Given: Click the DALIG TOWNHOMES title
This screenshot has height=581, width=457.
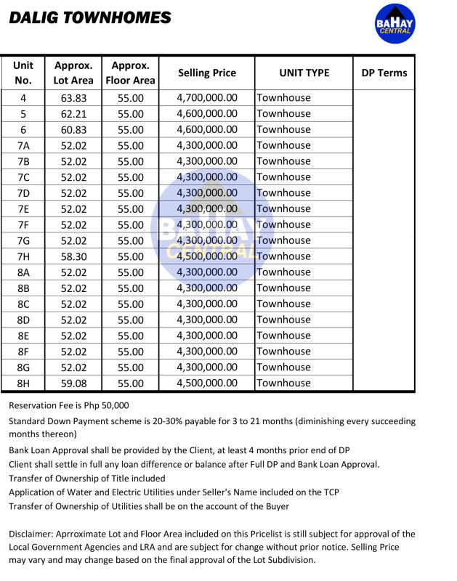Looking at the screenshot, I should (x=90, y=18).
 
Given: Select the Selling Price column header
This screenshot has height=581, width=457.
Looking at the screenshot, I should (x=207, y=73).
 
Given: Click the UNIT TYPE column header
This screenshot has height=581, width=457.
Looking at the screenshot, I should (x=304, y=73).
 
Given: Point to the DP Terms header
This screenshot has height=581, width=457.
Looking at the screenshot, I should (x=384, y=73).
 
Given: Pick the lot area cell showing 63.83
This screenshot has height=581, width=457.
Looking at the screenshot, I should (x=73, y=98).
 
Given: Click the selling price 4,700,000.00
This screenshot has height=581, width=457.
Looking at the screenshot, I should (x=207, y=98).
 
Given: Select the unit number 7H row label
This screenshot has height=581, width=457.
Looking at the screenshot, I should (x=23, y=256).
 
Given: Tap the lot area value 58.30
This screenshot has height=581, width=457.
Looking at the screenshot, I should (x=73, y=256).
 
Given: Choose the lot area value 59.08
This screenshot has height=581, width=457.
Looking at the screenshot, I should (x=73, y=383).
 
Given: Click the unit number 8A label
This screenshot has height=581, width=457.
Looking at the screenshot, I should (x=23, y=272).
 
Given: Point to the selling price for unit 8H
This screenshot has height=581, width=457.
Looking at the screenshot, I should (x=207, y=383).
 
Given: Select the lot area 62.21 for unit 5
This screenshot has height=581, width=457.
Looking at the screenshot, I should (x=73, y=114).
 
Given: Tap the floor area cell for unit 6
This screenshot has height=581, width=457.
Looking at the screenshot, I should (x=131, y=130).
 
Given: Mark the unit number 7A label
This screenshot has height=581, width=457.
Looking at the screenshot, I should (x=23, y=145).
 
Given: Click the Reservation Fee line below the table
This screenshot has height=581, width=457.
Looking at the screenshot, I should (x=69, y=405).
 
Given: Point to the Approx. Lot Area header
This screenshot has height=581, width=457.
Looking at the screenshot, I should (x=73, y=73).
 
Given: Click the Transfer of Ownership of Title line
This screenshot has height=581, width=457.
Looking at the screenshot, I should (x=87, y=478).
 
